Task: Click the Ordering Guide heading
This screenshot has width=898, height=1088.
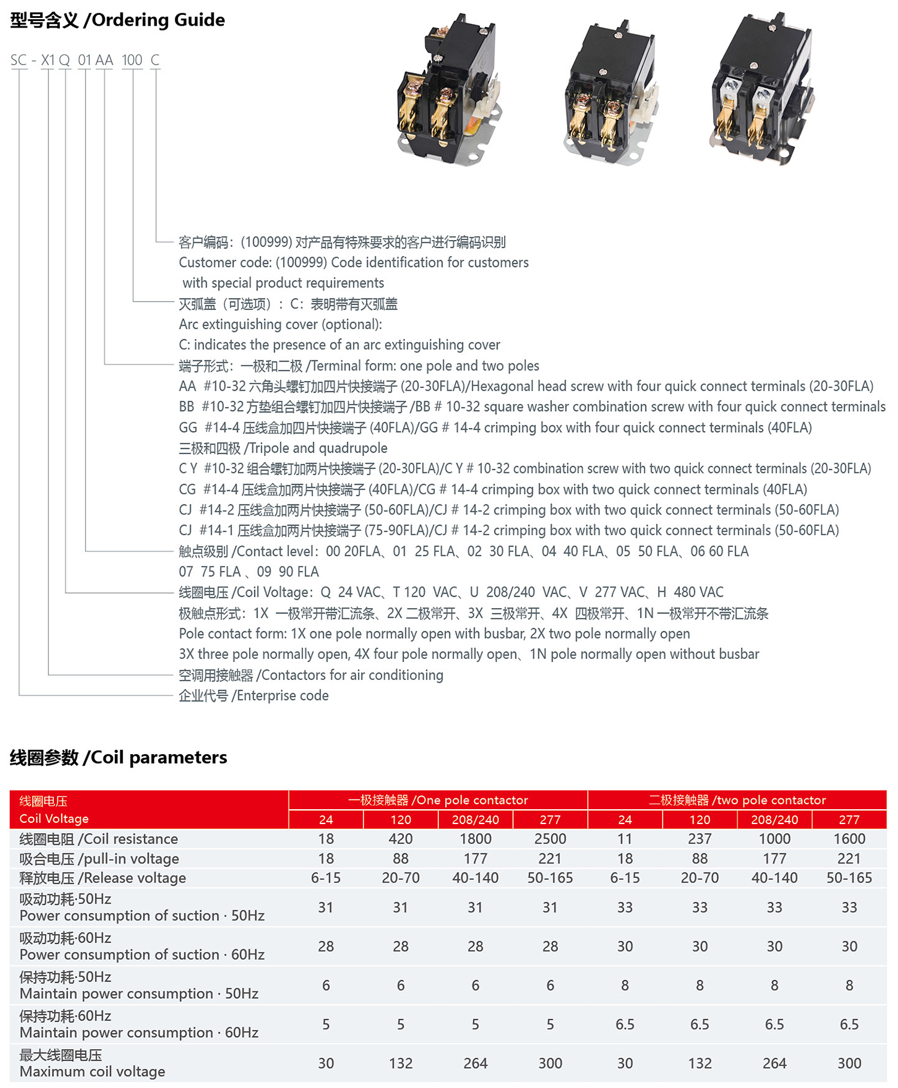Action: tap(118, 20)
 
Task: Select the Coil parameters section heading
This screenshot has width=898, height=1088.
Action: tap(119, 758)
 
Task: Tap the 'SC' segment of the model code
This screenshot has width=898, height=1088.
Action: tap(19, 60)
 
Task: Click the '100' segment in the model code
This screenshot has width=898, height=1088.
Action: tap(132, 60)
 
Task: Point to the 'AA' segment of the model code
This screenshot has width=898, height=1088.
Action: tap(104, 60)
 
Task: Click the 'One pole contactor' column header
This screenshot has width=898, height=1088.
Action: tap(438, 800)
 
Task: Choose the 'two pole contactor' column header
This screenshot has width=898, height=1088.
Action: tap(737, 800)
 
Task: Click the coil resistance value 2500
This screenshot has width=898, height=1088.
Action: tap(550, 839)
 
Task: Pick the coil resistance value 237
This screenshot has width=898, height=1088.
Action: tap(700, 839)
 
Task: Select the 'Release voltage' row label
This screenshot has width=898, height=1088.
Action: tap(103, 878)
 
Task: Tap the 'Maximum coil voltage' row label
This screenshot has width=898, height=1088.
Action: tap(92, 1071)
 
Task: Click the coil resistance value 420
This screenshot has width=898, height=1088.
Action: tap(401, 839)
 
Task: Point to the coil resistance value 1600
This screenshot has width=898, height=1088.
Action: tap(849, 839)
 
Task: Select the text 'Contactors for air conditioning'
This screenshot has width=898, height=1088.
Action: tap(352, 675)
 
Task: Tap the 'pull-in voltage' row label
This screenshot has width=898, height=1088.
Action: tap(99, 859)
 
